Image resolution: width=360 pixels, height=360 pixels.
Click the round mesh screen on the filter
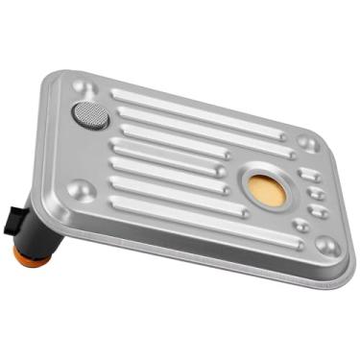(90, 114)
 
